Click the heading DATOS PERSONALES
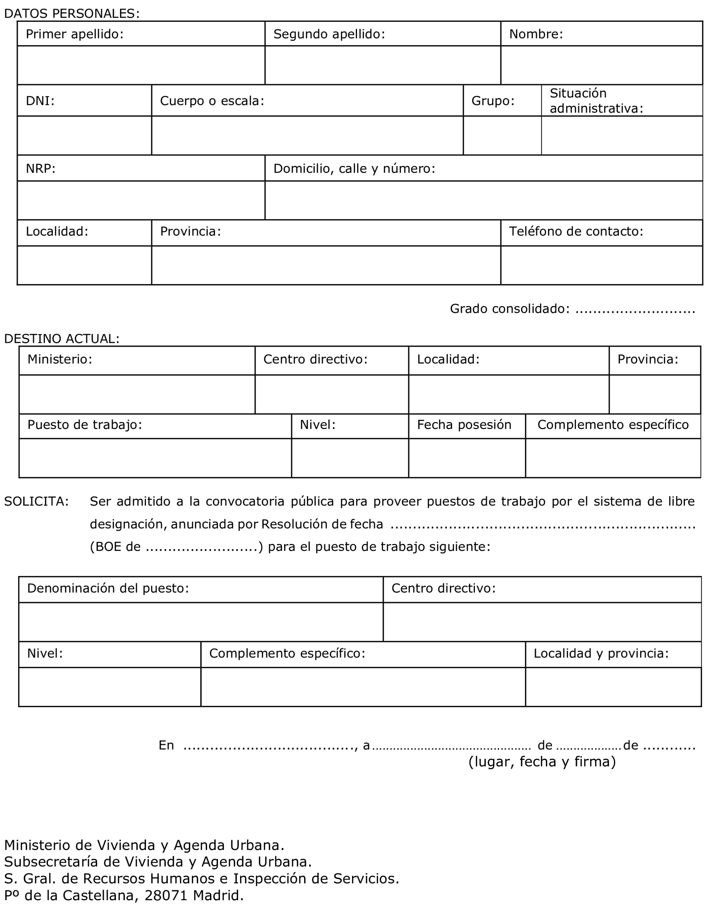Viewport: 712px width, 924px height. (x=71, y=13)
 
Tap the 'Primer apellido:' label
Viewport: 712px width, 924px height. (x=74, y=34)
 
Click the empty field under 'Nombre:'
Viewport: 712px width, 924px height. (x=601, y=65)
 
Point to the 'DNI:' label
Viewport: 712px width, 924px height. (x=40, y=101)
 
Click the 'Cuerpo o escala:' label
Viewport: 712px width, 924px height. (x=212, y=101)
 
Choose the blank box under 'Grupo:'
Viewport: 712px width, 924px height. (x=502, y=135)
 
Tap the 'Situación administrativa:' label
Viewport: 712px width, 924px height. (x=596, y=101)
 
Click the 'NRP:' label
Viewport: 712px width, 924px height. (x=41, y=168)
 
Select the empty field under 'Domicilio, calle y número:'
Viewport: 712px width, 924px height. (x=483, y=200)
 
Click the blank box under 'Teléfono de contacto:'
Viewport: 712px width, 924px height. (x=601, y=265)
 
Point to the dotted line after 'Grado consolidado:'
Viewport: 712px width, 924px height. (x=635, y=309)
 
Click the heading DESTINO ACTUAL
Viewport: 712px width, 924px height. (x=62, y=338)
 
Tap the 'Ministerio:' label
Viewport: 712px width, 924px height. (x=60, y=359)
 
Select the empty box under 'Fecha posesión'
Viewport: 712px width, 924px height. (x=467, y=458)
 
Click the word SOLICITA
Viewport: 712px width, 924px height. (x=37, y=501)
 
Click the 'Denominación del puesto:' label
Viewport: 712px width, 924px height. (x=108, y=588)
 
